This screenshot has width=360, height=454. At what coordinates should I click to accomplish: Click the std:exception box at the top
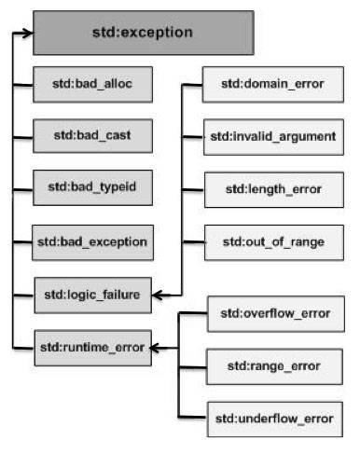[x=143, y=33]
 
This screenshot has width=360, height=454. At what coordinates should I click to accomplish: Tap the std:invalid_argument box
[x=270, y=138]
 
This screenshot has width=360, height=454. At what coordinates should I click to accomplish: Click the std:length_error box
[x=270, y=190]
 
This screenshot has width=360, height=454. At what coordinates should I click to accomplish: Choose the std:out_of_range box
[x=270, y=241]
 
